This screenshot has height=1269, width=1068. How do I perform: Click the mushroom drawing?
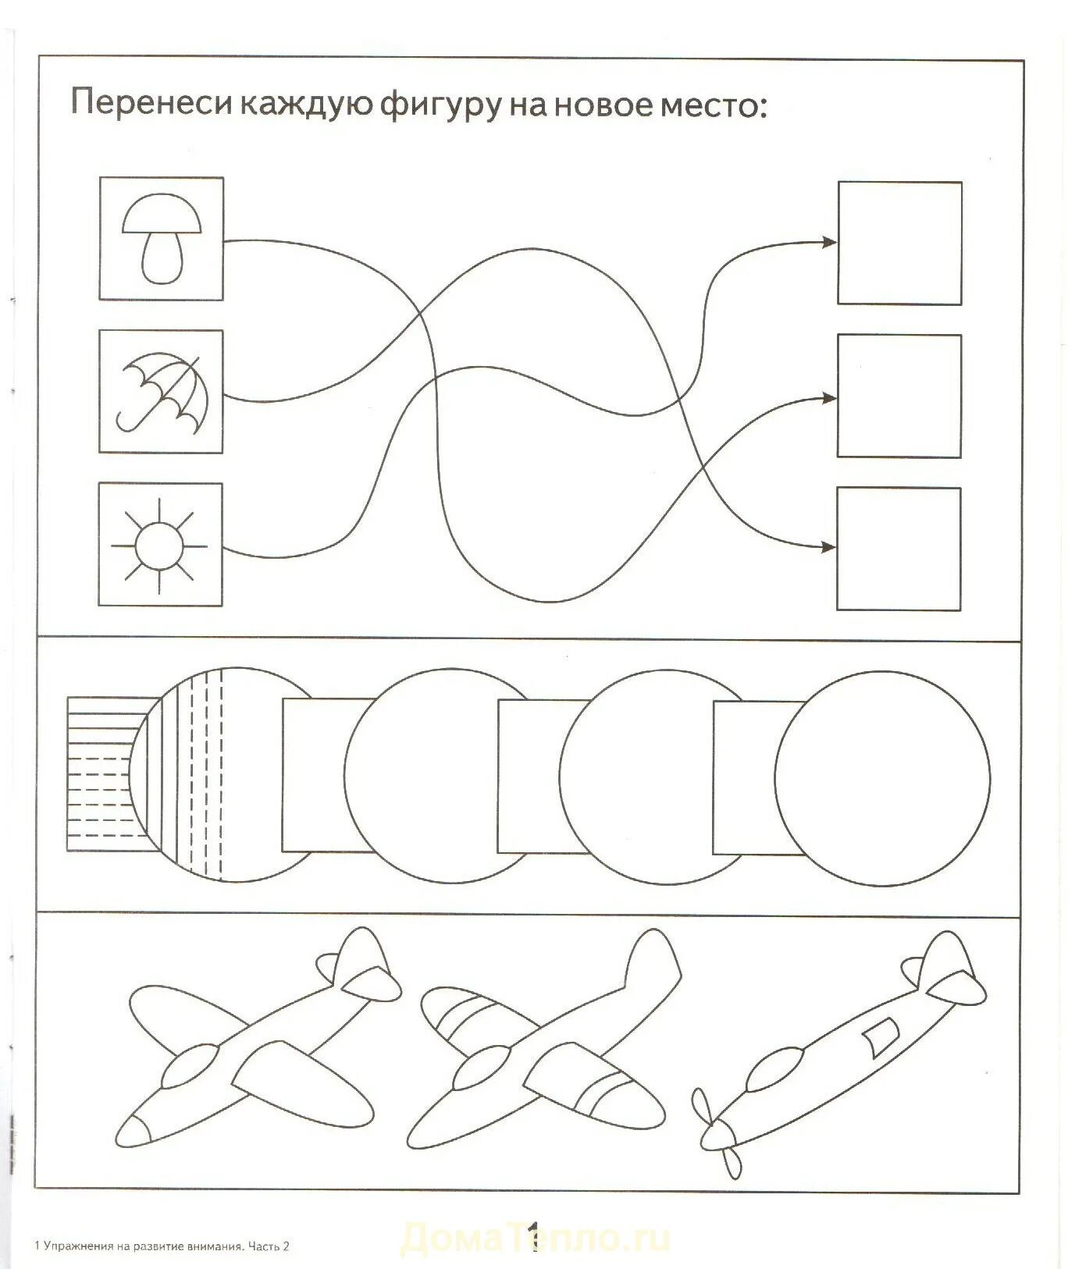(x=162, y=237)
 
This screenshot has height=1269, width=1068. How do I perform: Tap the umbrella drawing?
(x=162, y=391)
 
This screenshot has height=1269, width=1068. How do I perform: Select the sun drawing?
(x=160, y=544)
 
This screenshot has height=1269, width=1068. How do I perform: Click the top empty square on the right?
(x=899, y=243)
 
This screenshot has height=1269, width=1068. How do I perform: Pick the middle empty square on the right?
(x=899, y=396)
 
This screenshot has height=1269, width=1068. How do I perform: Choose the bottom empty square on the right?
(x=899, y=549)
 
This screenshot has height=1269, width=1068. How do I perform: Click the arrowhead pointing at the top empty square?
(x=829, y=242)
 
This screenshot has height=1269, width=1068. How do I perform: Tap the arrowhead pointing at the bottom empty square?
(x=828, y=547)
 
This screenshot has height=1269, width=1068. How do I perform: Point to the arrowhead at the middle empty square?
(x=829, y=398)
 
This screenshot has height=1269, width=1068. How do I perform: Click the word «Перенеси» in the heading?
(x=152, y=103)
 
